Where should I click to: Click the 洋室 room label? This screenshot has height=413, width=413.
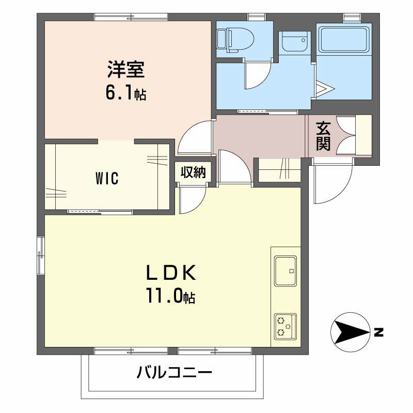coord(126,69)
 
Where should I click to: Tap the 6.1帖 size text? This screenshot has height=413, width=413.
coord(125,93)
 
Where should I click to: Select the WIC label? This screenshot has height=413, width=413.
coord(107,178)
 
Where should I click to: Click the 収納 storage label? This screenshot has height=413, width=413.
coord(193,172)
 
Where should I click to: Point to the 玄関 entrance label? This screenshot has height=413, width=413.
coord(323,136)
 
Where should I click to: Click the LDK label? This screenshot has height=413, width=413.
coord(171,273)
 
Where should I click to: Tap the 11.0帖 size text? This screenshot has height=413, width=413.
coord(171,296)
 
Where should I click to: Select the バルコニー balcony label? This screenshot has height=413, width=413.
coord(174,372)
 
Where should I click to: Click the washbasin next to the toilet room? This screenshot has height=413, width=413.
coord(294,42)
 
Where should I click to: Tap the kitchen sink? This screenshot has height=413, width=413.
coord(285,271)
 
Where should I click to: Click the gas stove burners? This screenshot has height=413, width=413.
coord(285,327)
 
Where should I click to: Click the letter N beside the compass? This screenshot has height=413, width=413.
coord(378,332)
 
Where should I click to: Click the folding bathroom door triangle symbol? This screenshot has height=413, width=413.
coord(325,88)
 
